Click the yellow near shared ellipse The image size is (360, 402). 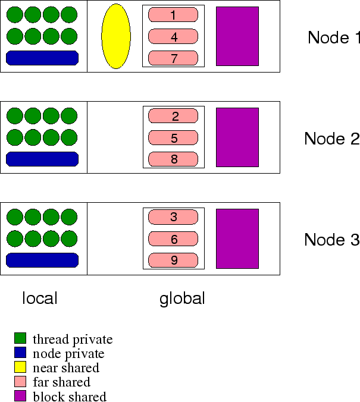click(x=116, y=36)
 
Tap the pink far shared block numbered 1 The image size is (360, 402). click(x=173, y=15)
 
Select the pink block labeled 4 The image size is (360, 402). click(x=173, y=37)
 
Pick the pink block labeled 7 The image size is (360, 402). click(x=173, y=58)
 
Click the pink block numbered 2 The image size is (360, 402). click(x=173, y=117)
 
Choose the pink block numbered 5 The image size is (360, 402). click(x=173, y=138)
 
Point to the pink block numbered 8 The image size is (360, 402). click(x=173, y=159)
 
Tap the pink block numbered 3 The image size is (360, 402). click(x=173, y=218)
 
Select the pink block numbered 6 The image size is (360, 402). click(x=173, y=239)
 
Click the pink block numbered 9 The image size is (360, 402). click(x=173, y=260)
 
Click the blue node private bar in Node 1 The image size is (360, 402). click(x=42, y=58)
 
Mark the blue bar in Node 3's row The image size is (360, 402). click(x=42, y=260)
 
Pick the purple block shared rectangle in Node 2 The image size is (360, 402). click(x=237, y=137)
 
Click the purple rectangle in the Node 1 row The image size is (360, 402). click(x=237, y=36)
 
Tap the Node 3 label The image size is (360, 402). click(x=331, y=240)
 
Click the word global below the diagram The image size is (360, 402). click(x=182, y=299)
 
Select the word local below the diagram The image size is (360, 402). click(x=40, y=298)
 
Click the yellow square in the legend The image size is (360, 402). click(x=21, y=368)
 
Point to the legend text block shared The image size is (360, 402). click(x=70, y=397)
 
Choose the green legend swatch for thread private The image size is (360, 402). click(x=21, y=339)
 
